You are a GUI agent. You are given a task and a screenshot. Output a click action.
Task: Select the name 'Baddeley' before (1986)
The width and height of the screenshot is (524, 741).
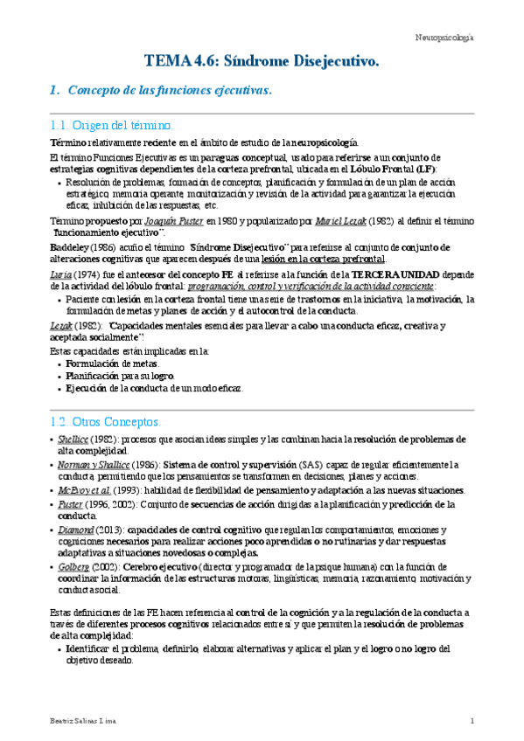[x=68, y=247]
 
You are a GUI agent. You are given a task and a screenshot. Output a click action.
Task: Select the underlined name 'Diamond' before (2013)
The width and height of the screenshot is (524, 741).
[x=75, y=530]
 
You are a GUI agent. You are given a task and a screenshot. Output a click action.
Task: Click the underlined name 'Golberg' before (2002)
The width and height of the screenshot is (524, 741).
[x=75, y=568]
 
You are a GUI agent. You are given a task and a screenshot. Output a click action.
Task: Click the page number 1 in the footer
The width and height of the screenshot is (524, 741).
[x=472, y=720]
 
